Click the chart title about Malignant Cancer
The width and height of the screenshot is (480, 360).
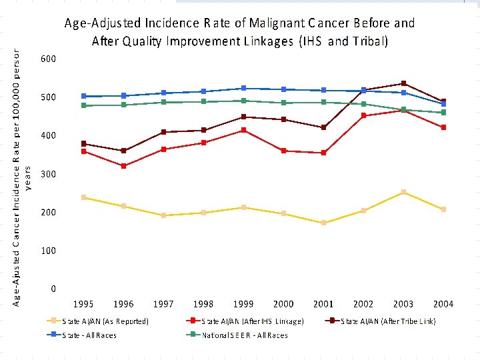(x=239, y=31)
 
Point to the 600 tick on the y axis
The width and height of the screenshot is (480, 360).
(x=49, y=59)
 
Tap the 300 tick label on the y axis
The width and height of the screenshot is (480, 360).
(x=49, y=174)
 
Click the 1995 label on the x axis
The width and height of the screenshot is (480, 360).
(x=83, y=304)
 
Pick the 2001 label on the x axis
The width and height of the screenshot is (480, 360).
(x=323, y=304)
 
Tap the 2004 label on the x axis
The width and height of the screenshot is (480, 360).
(x=443, y=304)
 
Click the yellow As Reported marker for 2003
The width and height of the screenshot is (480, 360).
(x=403, y=192)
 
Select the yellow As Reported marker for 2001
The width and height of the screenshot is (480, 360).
(x=323, y=223)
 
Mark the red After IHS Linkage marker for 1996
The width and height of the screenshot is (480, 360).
(x=123, y=166)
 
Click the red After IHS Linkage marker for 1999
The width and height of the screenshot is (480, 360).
(x=243, y=130)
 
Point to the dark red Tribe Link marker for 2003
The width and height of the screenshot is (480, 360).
(x=403, y=83)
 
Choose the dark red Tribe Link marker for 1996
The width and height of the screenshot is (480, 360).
(x=123, y=151)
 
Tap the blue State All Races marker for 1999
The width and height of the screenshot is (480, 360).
(x=243, y=88)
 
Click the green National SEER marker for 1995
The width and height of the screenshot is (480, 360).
(x=83, y=105)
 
